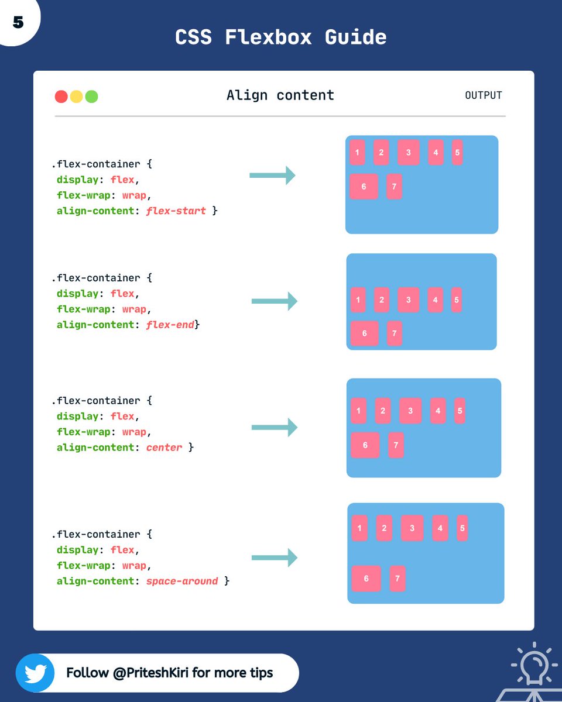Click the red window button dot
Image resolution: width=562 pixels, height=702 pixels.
point(61,97)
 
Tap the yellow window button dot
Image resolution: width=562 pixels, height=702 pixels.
point(76,97)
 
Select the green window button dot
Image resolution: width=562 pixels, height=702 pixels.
point(91,97)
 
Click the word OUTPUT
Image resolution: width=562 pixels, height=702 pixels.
point(483,95)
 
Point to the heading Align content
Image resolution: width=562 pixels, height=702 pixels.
point(280,95)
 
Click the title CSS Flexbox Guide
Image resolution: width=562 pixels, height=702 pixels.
point(280,37)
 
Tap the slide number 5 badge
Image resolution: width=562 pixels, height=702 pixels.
point(18,22)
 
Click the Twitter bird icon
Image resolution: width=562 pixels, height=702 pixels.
point(35,673)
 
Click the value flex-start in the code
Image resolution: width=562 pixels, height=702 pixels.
point(176,211)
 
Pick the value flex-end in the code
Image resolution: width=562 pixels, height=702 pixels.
point(170,325)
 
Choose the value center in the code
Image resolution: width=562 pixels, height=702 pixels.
point(164,448)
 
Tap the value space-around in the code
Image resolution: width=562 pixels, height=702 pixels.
point(182,581)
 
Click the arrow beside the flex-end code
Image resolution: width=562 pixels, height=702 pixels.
point(274,301)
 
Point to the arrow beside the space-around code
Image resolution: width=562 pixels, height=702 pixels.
point(274,558)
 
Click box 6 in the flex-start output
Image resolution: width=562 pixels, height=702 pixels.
point(364,187)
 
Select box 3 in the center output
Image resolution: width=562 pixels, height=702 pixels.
point(410,411)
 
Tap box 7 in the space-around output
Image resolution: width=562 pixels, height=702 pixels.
point(397,579)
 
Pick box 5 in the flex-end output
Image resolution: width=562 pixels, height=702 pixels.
point(457,300)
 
